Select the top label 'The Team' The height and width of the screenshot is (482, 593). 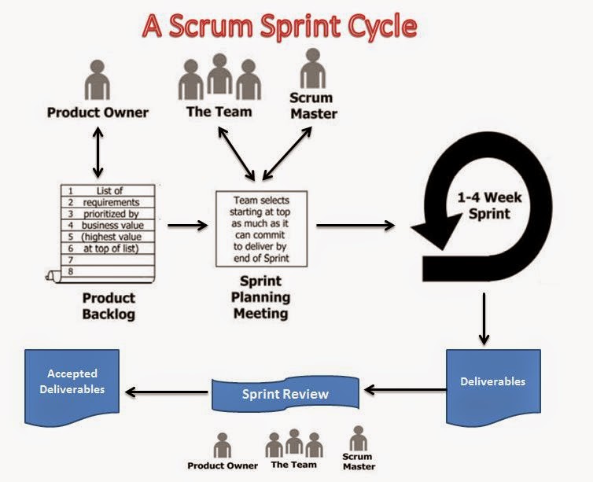(219, 111)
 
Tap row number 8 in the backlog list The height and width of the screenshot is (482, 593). (70, 271)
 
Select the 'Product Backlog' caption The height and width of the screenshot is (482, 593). (109, 306)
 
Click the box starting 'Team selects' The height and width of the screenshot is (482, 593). (262, 228)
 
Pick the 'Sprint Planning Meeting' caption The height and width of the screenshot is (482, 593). (260, 297)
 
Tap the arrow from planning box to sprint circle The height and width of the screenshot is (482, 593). (355, 226)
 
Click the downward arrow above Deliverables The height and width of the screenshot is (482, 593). (484, 322)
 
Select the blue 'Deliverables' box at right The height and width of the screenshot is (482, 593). (492, 383)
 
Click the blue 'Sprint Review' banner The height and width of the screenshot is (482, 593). (285, 393)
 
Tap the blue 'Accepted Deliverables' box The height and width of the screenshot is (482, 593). (72, 381)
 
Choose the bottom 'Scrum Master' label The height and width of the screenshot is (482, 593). (359, 462)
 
